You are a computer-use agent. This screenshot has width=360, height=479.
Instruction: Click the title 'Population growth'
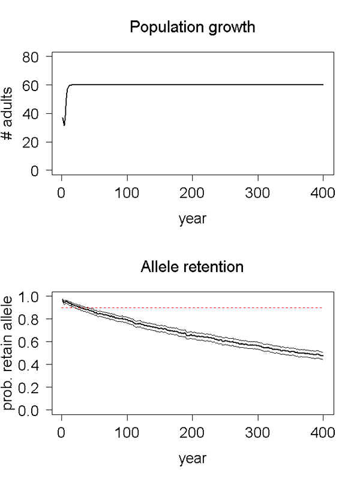192,28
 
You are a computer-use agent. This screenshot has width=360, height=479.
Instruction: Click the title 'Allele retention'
192,266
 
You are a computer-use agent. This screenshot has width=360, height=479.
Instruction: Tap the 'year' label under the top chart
192,219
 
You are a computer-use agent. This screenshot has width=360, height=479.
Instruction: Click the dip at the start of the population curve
64,125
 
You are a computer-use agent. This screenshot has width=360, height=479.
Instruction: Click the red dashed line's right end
323,308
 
